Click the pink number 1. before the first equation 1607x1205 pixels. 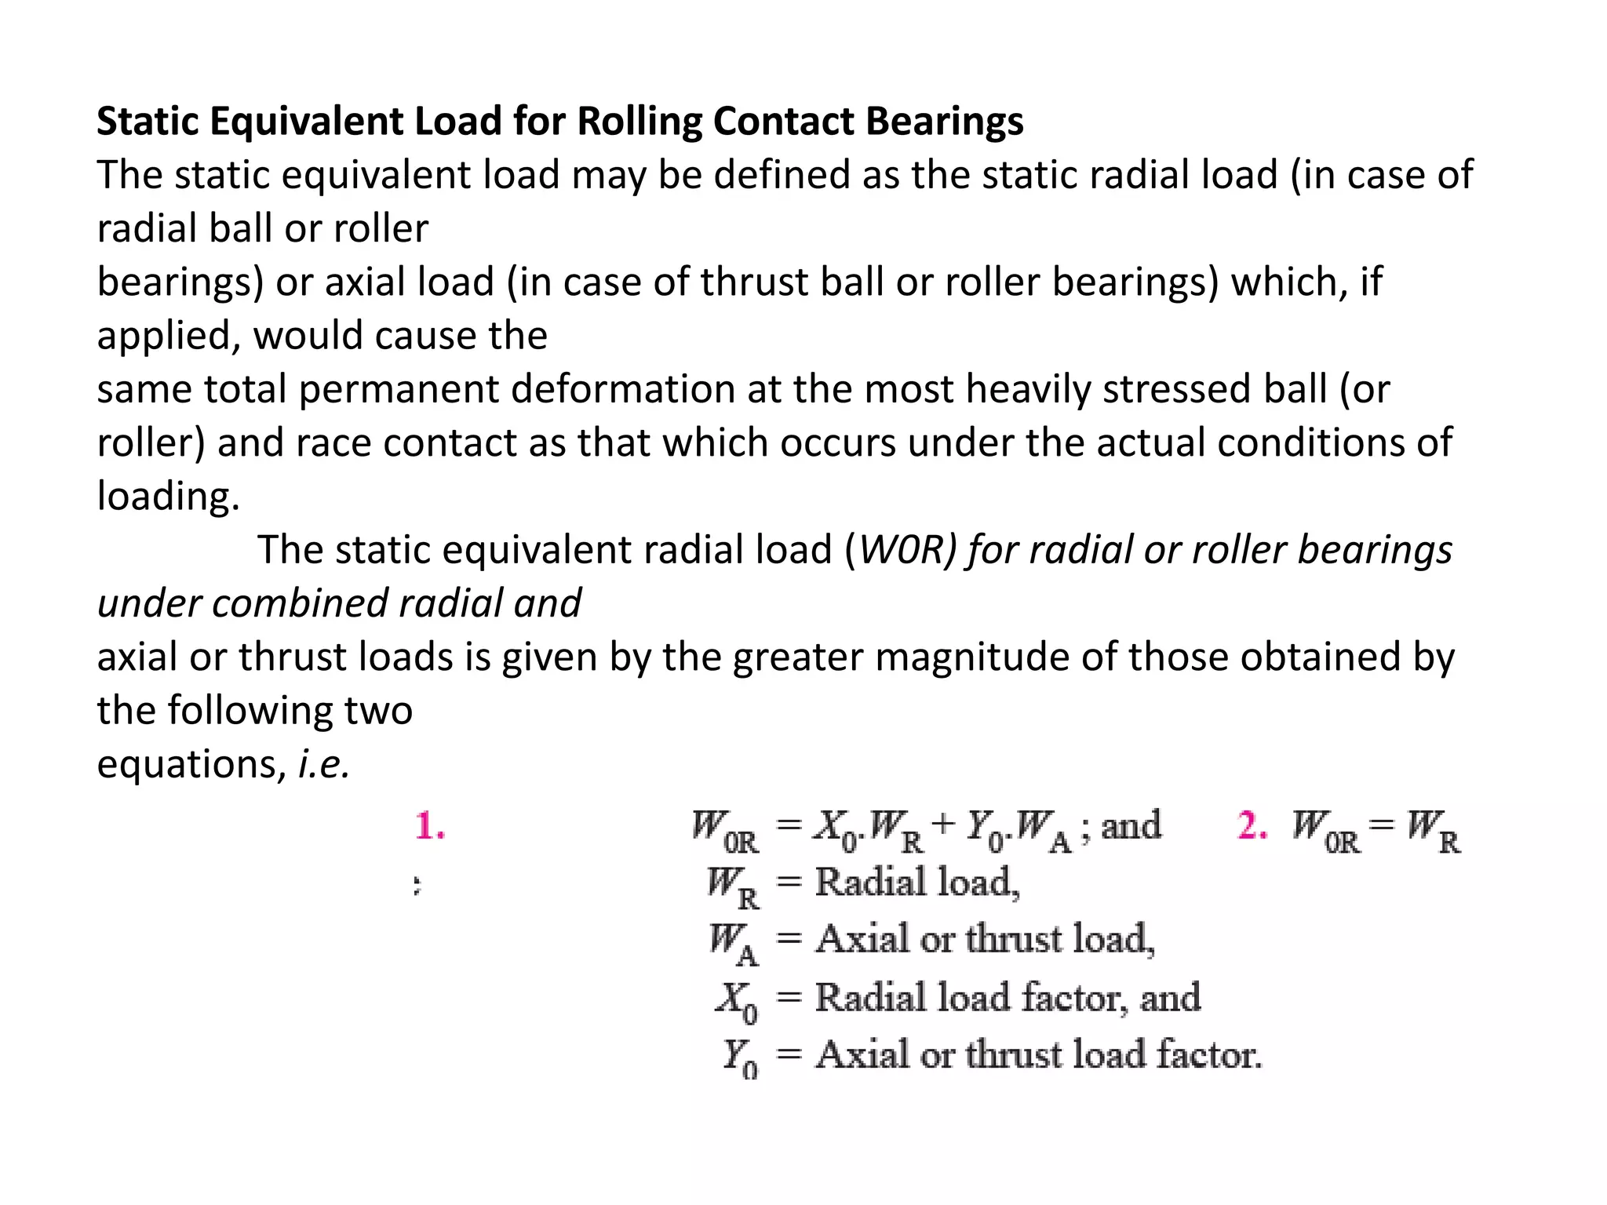tap(430, 826)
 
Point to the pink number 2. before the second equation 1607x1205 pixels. tap(1252, 826)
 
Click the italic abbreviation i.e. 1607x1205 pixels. tap(323, 763)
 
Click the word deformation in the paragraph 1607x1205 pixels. tap(622, 389)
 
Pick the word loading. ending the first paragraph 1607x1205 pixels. tap(168, 496)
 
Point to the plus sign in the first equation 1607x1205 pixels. tap(943, 825)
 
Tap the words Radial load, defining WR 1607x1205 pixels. tap(916, 883)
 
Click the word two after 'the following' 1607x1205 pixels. tap(378, 711)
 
